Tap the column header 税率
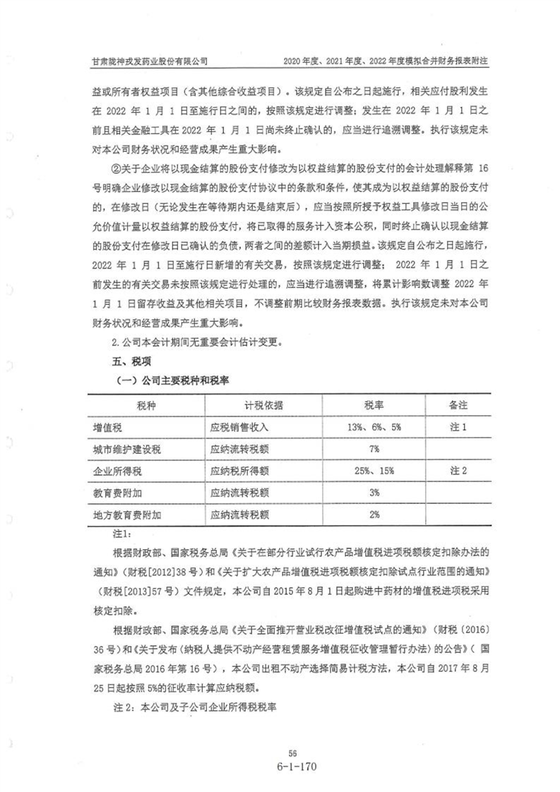[x=374, y=406]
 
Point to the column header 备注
[x=459, y=406]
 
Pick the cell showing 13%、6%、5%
[x=374, y=428]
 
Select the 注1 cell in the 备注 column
[x=459, y=428]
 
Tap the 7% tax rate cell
[x=374, y=449]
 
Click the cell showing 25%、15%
[x=374, y=470]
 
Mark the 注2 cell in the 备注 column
[x=459, y=470]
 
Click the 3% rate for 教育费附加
[x=374, y=492]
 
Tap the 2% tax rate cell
[x=374, y=513]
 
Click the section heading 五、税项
[x=123, y=361]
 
